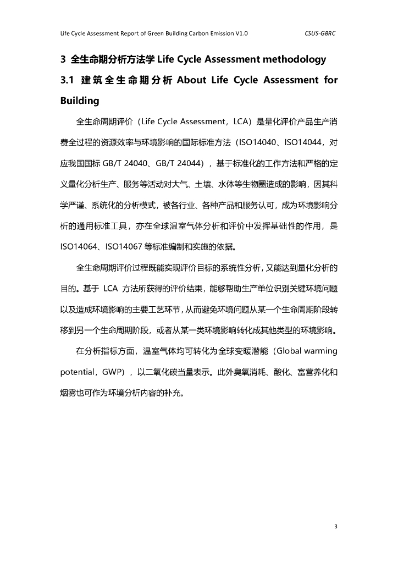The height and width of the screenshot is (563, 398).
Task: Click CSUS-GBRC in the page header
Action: (x=320, y=34)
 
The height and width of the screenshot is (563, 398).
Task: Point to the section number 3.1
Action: (x=67, y=80)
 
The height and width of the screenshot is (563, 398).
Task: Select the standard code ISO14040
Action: (x=258, y=143)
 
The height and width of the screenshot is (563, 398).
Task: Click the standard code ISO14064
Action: (x=79, y=246)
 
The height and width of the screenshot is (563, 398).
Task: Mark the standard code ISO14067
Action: (x=128, y=246)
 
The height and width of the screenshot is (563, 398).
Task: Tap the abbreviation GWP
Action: (x=114, y=372)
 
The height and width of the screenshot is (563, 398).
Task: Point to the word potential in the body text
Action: (x=78, y=372)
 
